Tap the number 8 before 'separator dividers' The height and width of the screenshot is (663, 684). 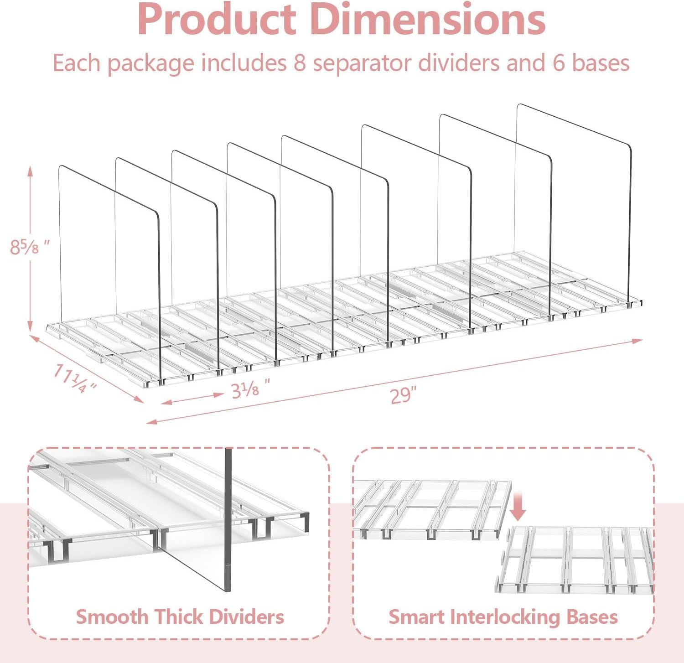(x=300, y=63)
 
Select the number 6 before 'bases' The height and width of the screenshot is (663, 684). (x=559, y=63)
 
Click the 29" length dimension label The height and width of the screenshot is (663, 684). (x=404, y=395)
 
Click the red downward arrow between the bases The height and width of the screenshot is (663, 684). (x=518, y=506)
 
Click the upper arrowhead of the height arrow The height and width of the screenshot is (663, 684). (x=31, y=171)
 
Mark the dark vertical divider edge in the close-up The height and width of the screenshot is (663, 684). (x=228, y=520)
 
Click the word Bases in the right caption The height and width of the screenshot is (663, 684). (x=592, y=617)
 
